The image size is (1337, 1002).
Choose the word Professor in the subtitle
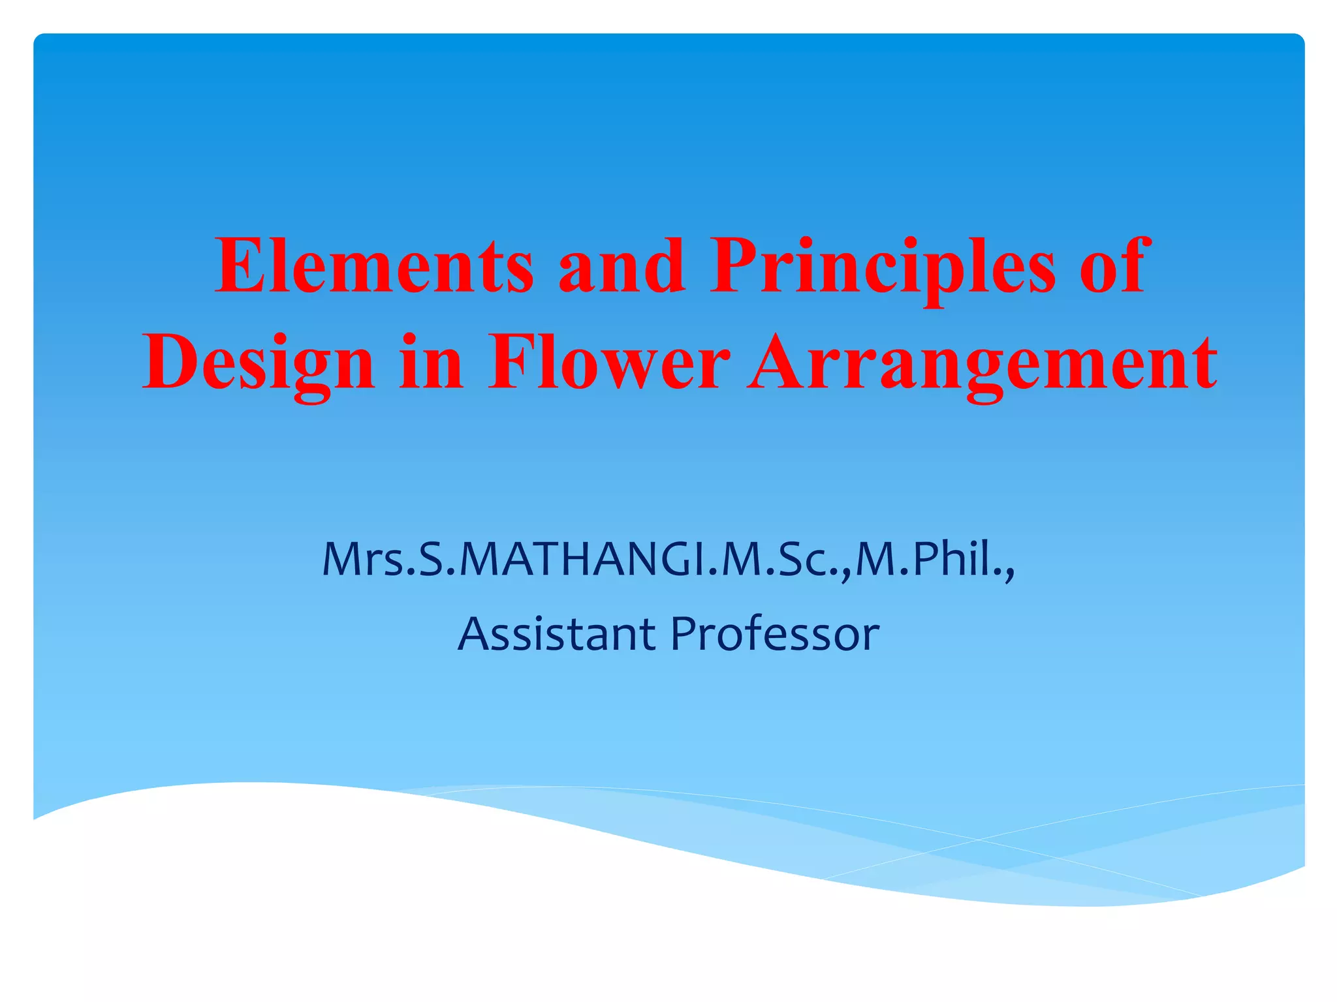(775, 634)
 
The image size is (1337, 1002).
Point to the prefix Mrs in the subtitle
(363, 560)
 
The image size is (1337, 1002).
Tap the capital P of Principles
(734, 266)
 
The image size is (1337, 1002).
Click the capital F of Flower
(512, 362)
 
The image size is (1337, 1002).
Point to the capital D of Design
(168, 362)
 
